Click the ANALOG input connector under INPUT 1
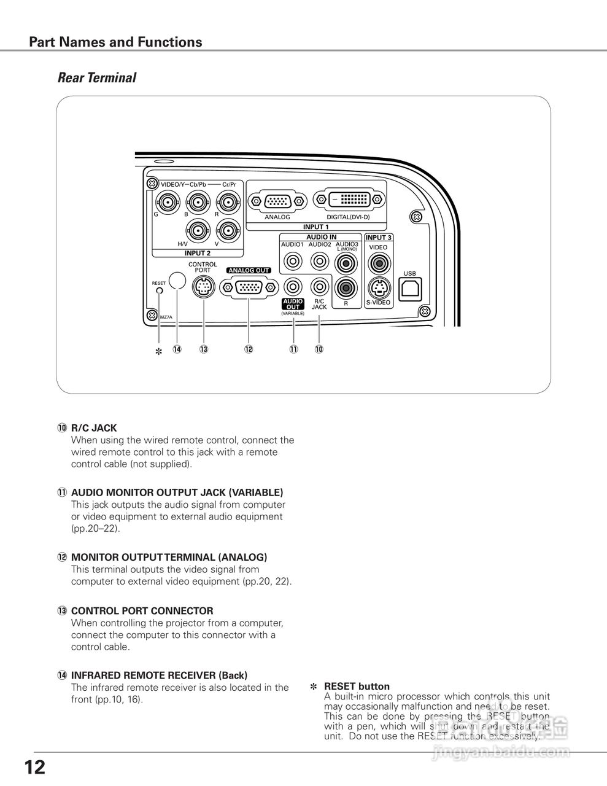coord(277,201)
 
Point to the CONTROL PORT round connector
coord(203,287)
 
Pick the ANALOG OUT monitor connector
coord(249,287)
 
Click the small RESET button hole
coord(159,290)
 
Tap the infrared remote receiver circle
coord(177,280)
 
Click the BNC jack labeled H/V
coord(198,230)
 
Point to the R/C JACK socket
coord(319,286)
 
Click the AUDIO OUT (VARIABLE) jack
coord(293,286)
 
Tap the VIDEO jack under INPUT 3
coord(378,263)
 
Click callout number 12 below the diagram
coord(249,349)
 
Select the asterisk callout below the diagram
coord(158,352)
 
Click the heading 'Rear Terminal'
coord(96,78)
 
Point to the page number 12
coord(35,768)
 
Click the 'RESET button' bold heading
coord(357,687)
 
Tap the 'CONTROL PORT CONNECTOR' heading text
coord(142,611)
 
